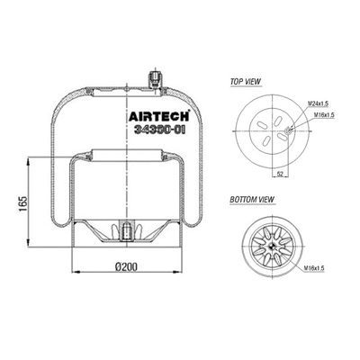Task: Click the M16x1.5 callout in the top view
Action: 320,116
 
